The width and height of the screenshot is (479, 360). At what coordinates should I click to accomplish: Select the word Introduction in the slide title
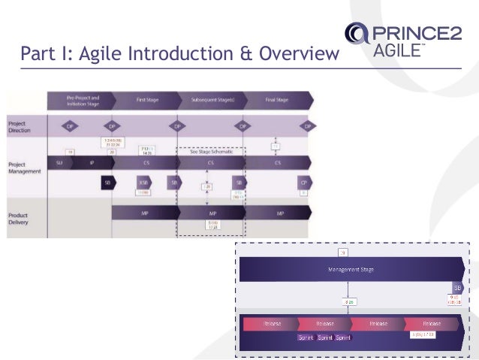154,53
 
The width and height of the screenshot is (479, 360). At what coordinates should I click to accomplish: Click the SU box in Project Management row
59,162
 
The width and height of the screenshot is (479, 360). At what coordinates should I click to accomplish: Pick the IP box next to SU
91,162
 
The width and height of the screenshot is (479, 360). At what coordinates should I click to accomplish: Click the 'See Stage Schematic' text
212,151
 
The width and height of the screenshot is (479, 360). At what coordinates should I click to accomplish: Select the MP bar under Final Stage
279,213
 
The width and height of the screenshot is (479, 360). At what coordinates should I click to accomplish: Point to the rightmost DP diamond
305,126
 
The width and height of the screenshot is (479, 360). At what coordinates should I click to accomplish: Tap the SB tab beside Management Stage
457,287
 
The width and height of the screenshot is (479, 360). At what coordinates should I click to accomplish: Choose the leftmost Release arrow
272,323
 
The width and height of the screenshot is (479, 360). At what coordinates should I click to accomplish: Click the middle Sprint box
325,338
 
